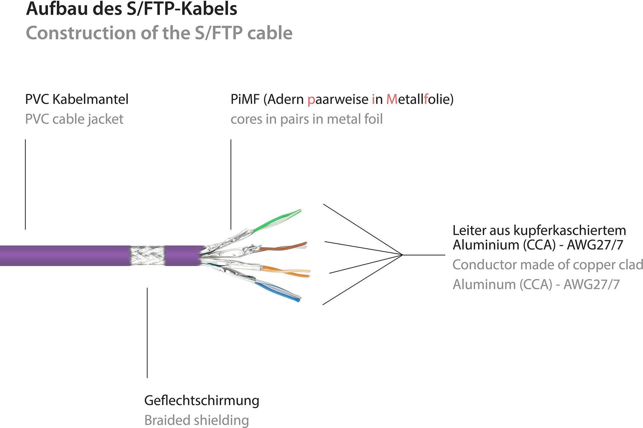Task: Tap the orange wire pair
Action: (x=288, y=271)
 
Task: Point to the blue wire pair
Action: (x=278, y=290)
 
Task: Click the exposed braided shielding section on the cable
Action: (x=147, y=255)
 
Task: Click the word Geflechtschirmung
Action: (x=202, y=401)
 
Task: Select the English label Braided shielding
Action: (x=197, y=420)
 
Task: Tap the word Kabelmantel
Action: (x=90, y=99)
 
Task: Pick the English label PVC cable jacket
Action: (x=74, y=119)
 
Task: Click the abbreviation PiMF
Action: (x=245, y=99)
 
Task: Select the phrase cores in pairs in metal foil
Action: (x=306, y=119)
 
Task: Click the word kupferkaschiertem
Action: (x=570, y=231)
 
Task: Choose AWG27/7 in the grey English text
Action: (x=591, y=284)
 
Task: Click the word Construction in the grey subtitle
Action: (x=80, y=33)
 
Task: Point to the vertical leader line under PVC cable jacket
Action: (x=25, y=184)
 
